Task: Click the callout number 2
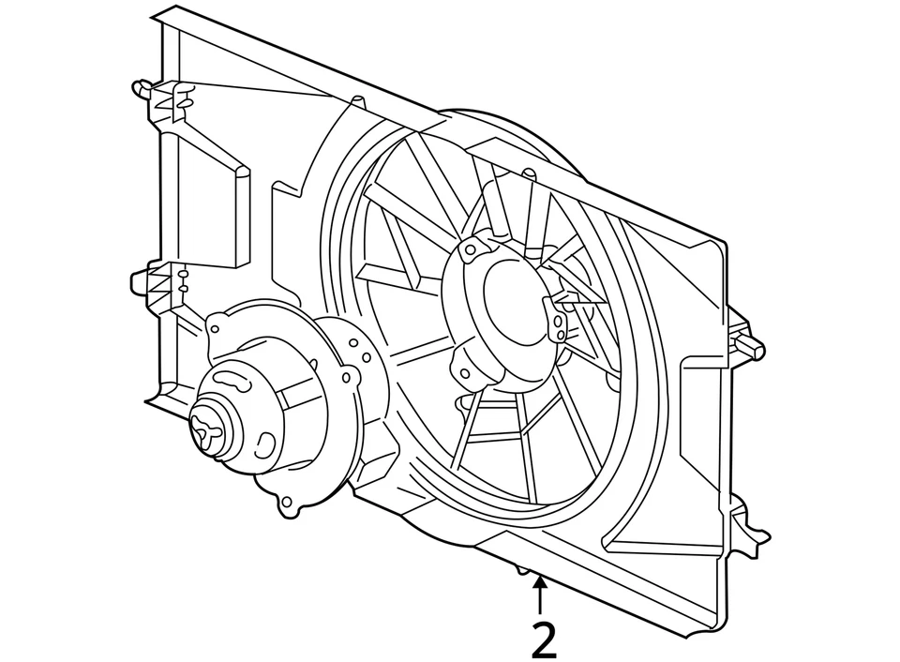(544, 640)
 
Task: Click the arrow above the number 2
(539, 595)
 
